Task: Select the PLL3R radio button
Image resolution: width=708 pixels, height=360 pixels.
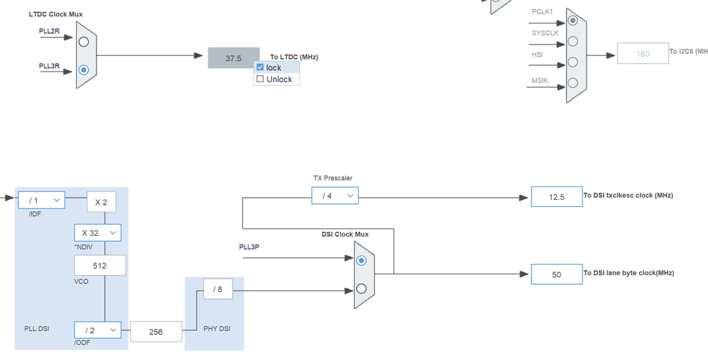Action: coord(84,70)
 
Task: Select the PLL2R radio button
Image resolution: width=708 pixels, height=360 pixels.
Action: coord(84,41)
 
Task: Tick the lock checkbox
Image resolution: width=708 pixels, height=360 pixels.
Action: coord(260,67)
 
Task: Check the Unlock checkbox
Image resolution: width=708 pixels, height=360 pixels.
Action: coord(260,79)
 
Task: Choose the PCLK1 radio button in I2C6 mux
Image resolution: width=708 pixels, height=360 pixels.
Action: coord(573,20)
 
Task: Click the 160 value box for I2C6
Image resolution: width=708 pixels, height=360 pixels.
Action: coord(642,54)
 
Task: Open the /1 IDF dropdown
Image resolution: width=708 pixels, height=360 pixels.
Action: coord(41,201)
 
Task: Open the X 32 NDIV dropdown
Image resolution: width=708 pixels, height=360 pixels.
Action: coord(97,233)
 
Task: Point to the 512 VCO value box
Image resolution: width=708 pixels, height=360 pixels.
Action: coord(100,266)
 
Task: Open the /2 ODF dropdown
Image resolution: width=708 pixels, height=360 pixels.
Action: coord(97,330)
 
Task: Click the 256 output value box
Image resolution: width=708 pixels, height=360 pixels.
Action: coord(155,331)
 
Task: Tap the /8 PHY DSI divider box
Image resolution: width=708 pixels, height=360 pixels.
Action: coord(218,288)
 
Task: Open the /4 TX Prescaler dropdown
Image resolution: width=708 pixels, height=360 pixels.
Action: coord(335,196)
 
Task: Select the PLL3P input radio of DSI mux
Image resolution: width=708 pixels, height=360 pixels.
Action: coord(361,261)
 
